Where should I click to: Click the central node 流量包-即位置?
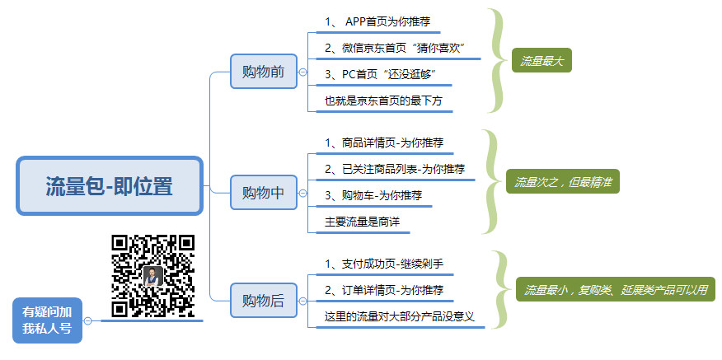pyautogui.click(x=110, y=186)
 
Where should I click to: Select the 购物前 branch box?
pyautogui.click(x=263, y=72)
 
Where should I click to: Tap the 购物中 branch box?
pyautogui.click(x=263, y=193)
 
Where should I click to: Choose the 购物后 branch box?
pyautogui.click(x=263, y=300)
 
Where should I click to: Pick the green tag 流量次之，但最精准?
pyautogui.click(x=563, y=181)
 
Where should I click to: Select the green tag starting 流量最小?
pyautogui.click(x=616, y=289)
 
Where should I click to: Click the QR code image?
pyautogui.click(x=152, y=276)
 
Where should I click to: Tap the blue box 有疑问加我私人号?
pyautogui.click(x=47, y=320)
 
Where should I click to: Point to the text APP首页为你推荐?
pyautogui.click(x=383, y=21)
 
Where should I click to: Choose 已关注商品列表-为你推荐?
pyautogui.click(x=395, y=169)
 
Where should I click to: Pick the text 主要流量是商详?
pyautogui.click(x=366, y=222)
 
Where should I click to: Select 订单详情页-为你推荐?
pyautogui.click(x=384, y=290)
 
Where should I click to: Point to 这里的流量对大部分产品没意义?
pyautogui.click(x=400, y=316)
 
